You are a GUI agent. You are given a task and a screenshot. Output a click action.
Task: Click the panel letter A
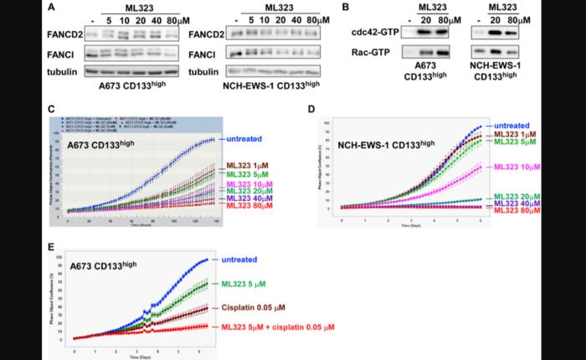pos(53,8)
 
